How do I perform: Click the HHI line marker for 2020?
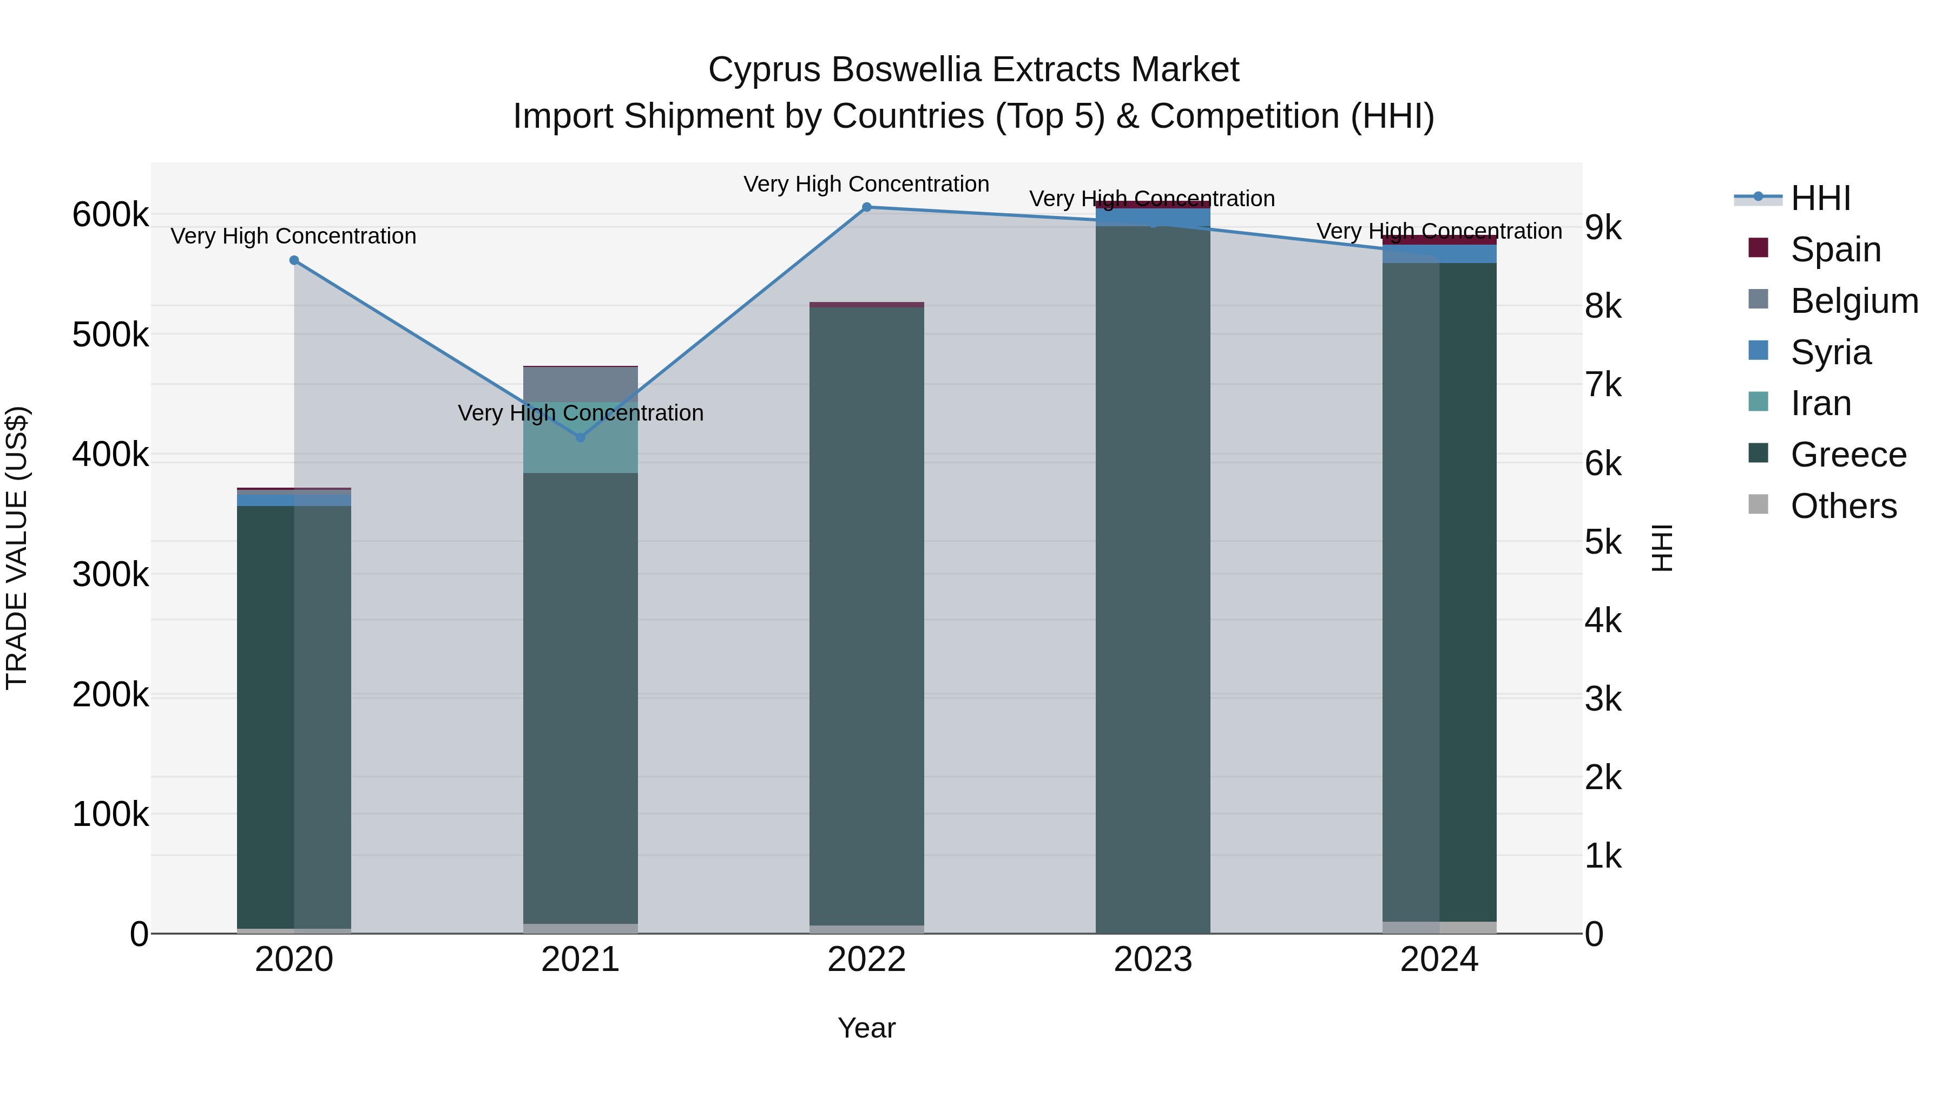294,260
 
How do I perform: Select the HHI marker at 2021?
580,437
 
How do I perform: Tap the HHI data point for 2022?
867,207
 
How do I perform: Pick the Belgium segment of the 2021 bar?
580,384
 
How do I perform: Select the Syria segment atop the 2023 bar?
1153,217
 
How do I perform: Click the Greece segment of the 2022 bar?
867,605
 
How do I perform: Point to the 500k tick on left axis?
110,334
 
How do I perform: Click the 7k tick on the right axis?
1603,385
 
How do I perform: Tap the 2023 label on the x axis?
1153,960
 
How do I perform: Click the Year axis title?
867,1028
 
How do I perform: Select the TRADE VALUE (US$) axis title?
17,548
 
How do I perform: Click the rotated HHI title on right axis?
1661,548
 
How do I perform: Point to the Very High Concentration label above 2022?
867,184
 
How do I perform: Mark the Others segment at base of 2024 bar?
1439,927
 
